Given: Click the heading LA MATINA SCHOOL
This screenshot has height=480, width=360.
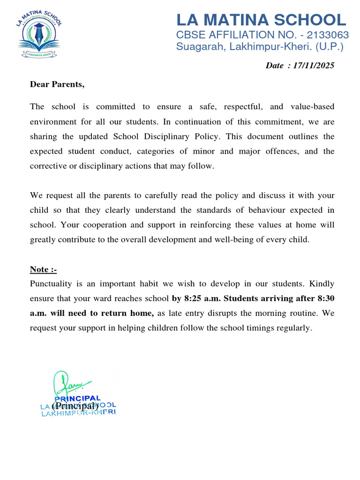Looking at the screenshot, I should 261,20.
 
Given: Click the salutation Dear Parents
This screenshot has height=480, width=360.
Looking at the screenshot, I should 57,84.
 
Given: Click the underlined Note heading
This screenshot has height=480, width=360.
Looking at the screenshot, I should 43,269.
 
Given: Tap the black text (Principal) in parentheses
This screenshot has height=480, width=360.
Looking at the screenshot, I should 75,405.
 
